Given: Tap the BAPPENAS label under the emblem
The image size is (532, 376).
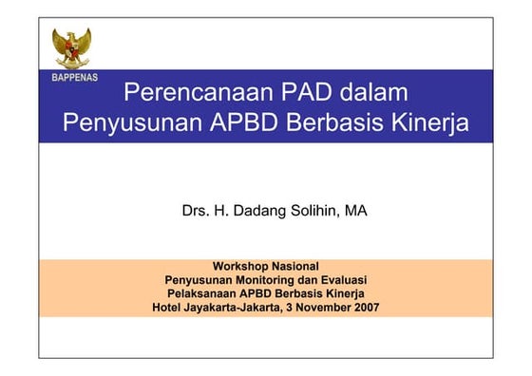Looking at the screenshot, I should coord(74,76).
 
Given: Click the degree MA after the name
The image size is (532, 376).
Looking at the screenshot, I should coord(356,211).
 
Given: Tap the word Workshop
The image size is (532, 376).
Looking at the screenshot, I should coord(241,266).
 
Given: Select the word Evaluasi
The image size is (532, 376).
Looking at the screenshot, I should coord(340,280).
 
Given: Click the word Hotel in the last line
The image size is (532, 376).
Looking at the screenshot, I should coord(169,308).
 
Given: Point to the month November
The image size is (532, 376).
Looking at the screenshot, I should coord(319,308).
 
